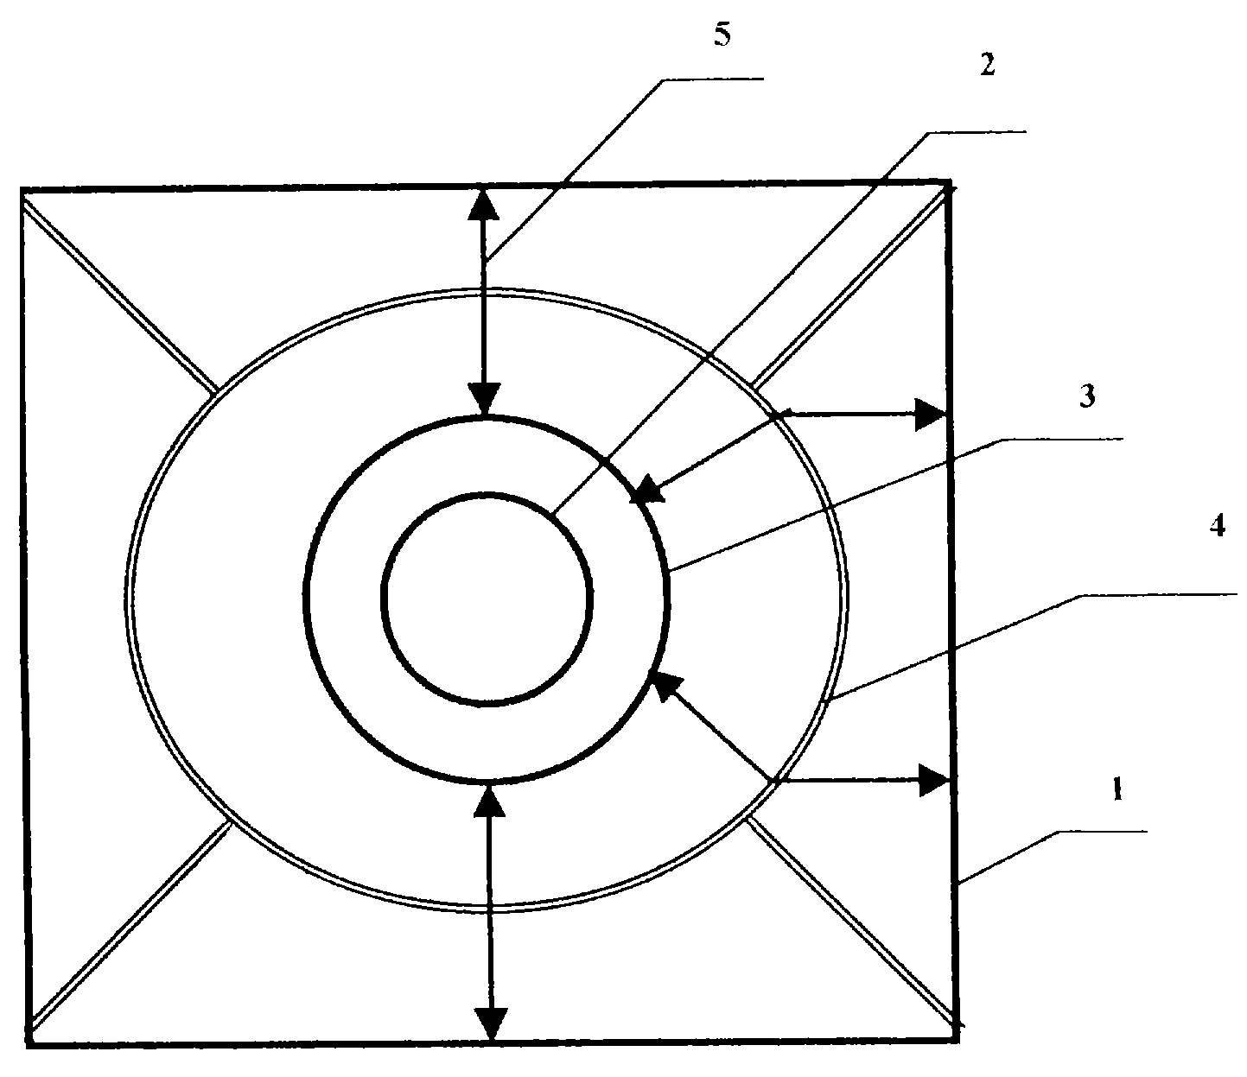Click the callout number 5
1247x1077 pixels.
[x=722, y=35]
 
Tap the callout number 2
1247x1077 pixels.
[x=987, y=65]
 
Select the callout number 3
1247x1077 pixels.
[x=1087, y=396]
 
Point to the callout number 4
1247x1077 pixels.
[x=1218, y=526]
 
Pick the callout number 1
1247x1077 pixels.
[x=1117, y=789]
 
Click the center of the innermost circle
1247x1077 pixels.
[x=487, y=599]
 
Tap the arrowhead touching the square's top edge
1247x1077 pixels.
[x=484, y=205]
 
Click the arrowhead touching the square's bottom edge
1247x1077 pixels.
[x=490, y=1024]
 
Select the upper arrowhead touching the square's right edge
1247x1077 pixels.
[x=930, y=415]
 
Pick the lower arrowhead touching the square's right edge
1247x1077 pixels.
[x=934, y=780]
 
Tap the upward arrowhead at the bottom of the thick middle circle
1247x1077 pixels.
[x=488, y=801]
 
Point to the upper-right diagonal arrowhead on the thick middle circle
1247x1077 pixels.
[x=648, y=489]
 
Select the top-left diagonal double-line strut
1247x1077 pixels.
[x=119, y=297]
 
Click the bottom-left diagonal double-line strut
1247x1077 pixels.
[x=130, y=925]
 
